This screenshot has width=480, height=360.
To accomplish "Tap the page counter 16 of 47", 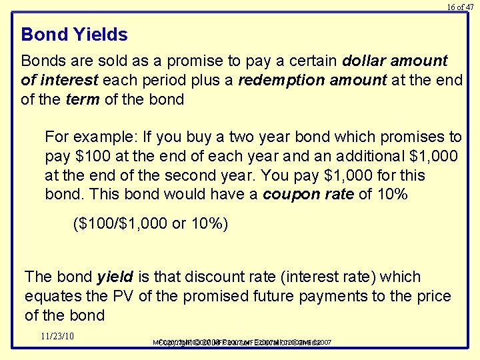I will pyautogui.click(x=460, y=7).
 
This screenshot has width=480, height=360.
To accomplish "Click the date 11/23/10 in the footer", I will pyautogui.click(x=57, y=335).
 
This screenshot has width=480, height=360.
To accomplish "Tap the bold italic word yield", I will pyautogui.click(x=115, y=277).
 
